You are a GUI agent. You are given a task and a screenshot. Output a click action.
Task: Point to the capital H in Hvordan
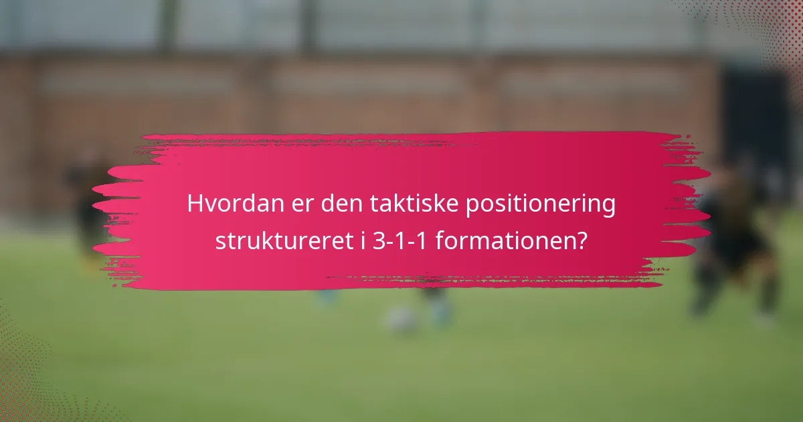pos(195,204)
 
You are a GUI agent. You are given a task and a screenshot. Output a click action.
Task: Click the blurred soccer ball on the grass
pos(401,318)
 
